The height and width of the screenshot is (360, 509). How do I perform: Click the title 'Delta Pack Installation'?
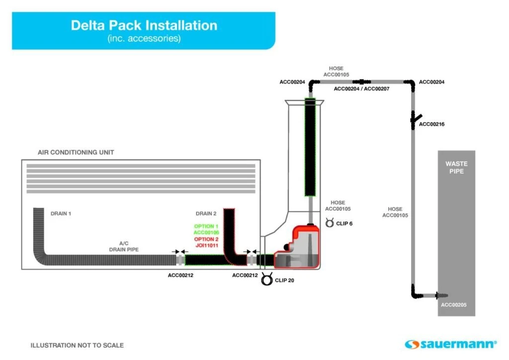coord(144,25)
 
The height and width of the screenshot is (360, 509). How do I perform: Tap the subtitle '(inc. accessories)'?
coord(144,38)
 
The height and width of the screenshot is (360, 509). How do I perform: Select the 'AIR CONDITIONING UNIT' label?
coord(76,152)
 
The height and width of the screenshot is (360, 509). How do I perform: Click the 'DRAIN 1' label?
coord(61,214)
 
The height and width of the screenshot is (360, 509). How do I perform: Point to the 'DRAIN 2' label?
coord(206,214)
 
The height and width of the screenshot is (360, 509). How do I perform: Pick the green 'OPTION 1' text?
coord(206,226)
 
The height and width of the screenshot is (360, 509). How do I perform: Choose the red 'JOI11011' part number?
coord(206,245)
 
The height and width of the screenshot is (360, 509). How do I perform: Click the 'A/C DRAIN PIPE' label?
coord(124,246)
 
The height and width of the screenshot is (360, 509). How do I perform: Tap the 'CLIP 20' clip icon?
coord(267,280)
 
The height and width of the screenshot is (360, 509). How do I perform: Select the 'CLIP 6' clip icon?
coord(330,223)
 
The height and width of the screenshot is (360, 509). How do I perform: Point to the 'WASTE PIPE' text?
coord(456,168)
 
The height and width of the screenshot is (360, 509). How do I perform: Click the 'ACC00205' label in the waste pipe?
coord(454,305)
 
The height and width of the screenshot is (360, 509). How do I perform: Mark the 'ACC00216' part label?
coord(431,124)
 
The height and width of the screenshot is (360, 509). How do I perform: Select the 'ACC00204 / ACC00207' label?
coord(361,89)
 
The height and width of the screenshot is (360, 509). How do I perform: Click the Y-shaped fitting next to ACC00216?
coord(413,119)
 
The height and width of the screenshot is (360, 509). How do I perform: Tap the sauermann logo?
coord(450,344)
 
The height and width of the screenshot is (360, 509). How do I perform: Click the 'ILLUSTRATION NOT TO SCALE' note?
coord(77,345)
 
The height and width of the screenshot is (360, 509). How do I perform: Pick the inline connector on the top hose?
coord(361,81)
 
